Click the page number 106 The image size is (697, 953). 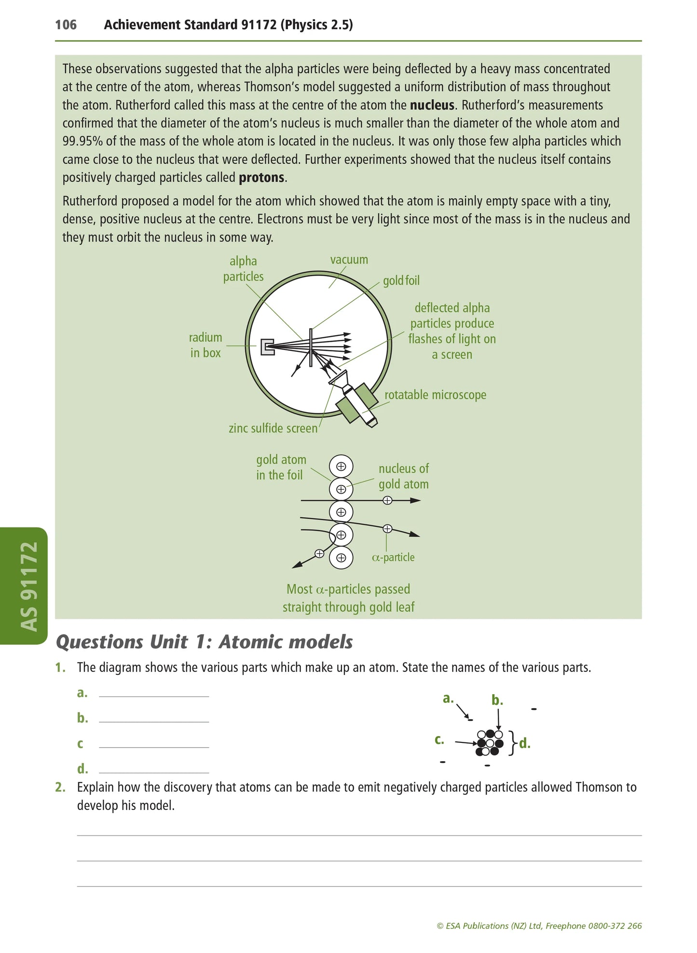pyautogui.click(x=66, y=25)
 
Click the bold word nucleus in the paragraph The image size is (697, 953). pyautogui.click(x=432, y=105)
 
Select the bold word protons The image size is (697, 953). pyautogui.click(x=261, y=177)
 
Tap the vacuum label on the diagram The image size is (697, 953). pyautogui.click(x=349, y=259)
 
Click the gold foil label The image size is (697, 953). pyautogui.click(x=401, y=280)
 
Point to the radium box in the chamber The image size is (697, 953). pyautogui.click(x=267, y=347)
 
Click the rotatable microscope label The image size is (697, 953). pyautogui.click(x=435, y=395)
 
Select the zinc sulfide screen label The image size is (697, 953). pyautogui.click(x=273, y=428)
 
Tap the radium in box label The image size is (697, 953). pyautogui.click(x=205, y=345)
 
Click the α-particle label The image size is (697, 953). pyautogui.click(x=393, y=557)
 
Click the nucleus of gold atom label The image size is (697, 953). pyautogui.click(x=403, y=476)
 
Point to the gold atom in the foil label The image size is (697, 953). pyautogui.click(x=281, y=467)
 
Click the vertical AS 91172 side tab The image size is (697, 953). pyautogui.click(x=29, y=586)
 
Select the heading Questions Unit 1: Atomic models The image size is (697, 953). pyautogui.click(x=205, y=642)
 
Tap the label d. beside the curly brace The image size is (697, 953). pyautogui.click(x=525, y=744)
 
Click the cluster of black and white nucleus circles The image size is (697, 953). pyautogui.click(x=490, y=743)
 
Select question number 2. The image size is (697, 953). pyautogui.click(x=60, y=787)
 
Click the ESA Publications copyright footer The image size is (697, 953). pyautogui.click(x=539, y=926)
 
